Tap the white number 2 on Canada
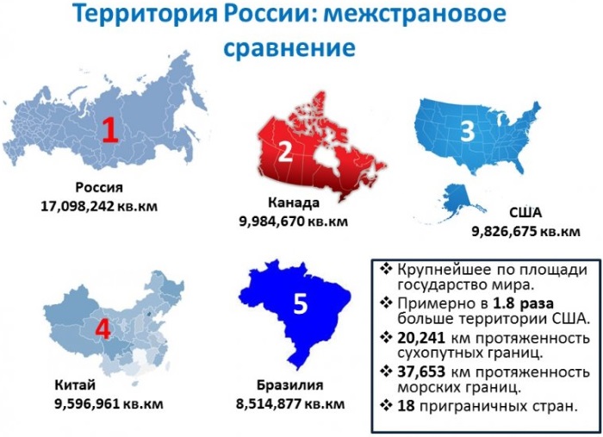click(x=285, y=153)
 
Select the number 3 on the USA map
click(x=467, y=132)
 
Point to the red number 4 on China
click(x=102, y=328)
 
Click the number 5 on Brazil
click(x=300, y=303)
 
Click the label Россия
click(x=99, y=188)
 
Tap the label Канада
click(x=294, y=203)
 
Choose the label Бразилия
click(x=290, y=384)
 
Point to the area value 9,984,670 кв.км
click(x=294, y=221)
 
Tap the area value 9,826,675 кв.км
click(x=525, y=231)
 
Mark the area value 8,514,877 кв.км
click(x=290, y=403)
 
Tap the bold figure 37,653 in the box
click(x=423, y=371)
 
